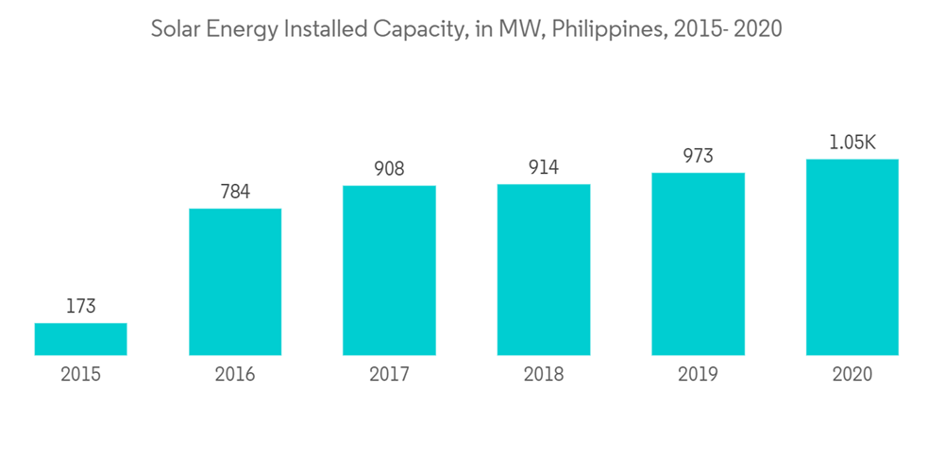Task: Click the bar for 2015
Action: click(x=80, y=339)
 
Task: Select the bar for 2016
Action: click(x=235, y=281)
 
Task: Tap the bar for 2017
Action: click(x=389, y=270)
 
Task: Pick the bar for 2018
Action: click(x=544, y=269)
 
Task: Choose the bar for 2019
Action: click(x=698, y=263)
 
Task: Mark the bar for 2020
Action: click(x=852, y=257)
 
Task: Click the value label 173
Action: click(x=80, y=307)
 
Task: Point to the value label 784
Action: click(x=235, y=192)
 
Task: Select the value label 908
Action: click(x=389, y=169)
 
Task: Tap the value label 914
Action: click(x=544, y=168)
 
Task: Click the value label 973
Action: click(x=698, y=157)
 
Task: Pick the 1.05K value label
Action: click(x=852, y=143)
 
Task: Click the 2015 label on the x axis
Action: click(x=80, y=375)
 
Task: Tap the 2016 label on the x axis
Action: click(x=235, y=375)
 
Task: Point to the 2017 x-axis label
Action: click(x=389, y=375)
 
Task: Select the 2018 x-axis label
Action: click(x=544, y=375)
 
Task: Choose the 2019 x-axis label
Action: click(x=698, y=375)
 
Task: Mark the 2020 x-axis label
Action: click(x=852, y=375)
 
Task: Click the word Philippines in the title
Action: click(x=608, y=30)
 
